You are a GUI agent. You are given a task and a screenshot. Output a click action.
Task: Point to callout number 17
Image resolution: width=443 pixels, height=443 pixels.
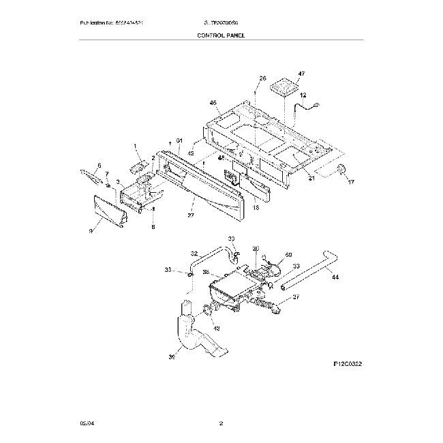[x=351, y=182]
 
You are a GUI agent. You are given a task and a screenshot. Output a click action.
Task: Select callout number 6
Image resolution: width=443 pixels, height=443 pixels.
[x=98, y=166]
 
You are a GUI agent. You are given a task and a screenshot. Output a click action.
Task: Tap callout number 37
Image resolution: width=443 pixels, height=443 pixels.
[x=295, y=296]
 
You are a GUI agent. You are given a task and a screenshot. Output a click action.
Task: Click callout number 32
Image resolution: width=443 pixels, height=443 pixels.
[x=194, y=253]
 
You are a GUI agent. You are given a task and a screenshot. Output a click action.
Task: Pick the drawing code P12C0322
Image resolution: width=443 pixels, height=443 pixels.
[x=348, y=365]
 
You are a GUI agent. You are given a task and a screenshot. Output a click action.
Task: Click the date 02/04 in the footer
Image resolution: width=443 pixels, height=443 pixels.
[x=85, y=423]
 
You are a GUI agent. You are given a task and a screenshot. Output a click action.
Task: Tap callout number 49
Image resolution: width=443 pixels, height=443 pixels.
[x=217, y=328]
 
